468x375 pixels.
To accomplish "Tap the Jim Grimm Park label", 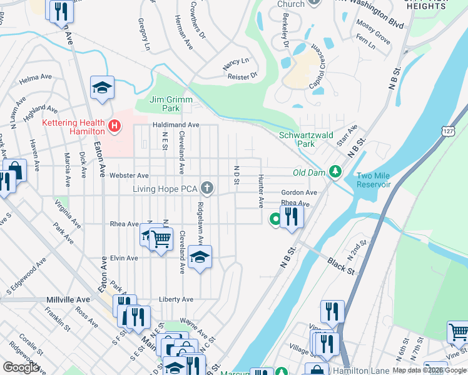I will (165, 104).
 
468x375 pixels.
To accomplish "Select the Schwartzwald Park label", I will (297, 139).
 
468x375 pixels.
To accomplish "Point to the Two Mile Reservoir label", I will (374, 180).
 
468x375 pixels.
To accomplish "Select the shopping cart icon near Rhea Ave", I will (161, 239).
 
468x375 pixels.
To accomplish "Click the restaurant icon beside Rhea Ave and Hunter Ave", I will (292, 216).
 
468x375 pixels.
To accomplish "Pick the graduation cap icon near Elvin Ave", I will (200, 256).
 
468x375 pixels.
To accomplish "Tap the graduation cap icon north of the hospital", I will (102, 87).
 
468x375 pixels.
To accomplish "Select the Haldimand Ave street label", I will (176, 125).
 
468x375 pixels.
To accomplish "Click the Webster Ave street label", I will (129, 176).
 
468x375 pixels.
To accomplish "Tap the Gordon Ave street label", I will (299, 192).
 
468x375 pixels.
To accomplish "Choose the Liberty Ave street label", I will (176, 299).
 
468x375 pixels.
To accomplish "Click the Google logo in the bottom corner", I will (21, 367).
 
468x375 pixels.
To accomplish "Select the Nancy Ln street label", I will (235, 61).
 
